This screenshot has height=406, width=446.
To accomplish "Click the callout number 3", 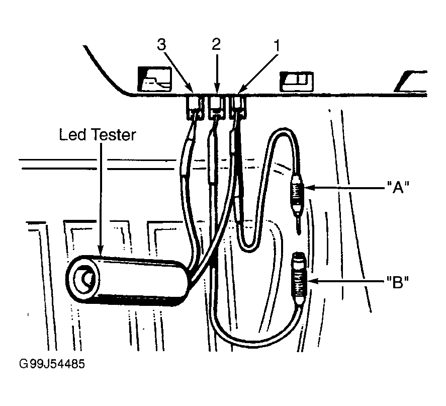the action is coord(161,45).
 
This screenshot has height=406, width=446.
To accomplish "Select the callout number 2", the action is coord(216,44).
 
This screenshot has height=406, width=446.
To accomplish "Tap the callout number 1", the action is coord(276,45).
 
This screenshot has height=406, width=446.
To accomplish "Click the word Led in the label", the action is coord(72,135).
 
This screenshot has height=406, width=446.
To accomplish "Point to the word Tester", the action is coord(113,135).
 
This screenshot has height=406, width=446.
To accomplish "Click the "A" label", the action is coord(398,187).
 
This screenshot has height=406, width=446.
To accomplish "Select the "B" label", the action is coord(398,282).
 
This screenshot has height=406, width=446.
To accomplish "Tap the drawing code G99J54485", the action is coord(52,364).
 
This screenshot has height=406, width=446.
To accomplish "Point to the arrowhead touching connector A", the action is coord(309,188).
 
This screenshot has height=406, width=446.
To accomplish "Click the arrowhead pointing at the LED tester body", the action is coord(101,250).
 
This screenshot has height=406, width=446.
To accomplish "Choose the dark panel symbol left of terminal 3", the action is coord(154,79).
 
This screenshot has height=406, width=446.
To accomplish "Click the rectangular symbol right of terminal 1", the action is coord(296,82).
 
